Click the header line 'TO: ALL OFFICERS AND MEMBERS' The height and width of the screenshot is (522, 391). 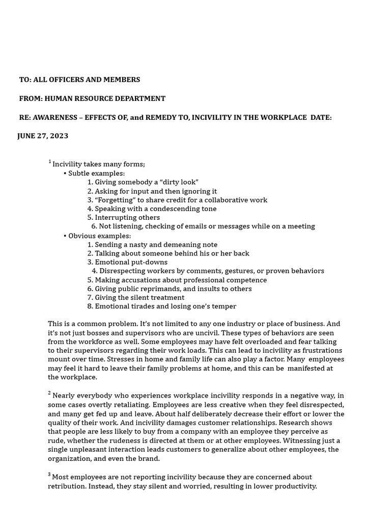79,80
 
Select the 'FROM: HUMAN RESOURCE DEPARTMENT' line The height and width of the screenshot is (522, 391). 92,98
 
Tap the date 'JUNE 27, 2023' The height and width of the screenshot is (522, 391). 43,136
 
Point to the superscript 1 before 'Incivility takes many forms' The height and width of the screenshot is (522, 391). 50,162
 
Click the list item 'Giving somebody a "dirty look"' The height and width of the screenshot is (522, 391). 146,182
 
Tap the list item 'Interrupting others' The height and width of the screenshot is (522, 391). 127,218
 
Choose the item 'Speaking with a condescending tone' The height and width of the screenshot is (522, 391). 155,208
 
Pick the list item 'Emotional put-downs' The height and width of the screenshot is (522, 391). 131,262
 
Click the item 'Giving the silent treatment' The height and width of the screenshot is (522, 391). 139,298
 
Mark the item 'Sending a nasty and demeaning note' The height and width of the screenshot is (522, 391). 156,245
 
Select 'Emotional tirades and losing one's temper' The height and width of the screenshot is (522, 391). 165,306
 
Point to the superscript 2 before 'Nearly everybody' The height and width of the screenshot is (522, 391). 50,393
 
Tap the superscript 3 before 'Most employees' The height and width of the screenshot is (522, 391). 50,475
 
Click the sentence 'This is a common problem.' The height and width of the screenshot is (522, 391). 92,324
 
